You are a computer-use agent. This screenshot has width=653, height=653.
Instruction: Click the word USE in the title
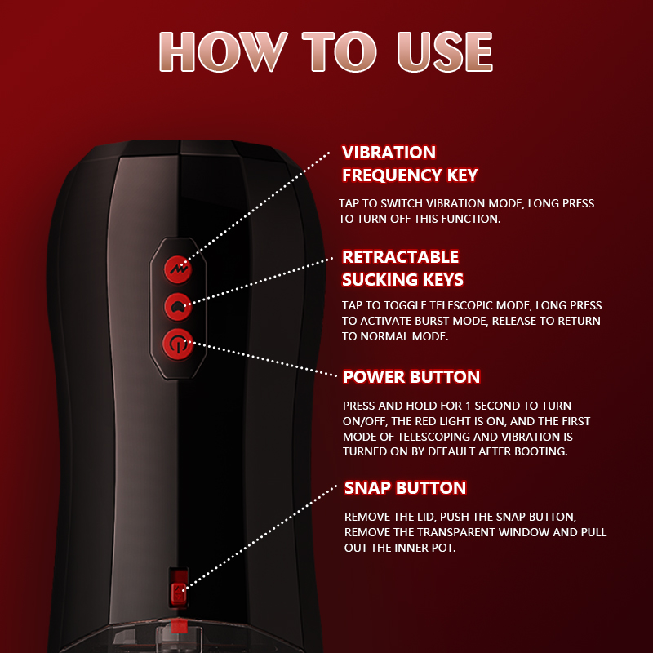pyautogui.click(x=445, y=51)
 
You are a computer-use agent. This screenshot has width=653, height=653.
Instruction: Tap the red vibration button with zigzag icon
pyautogui.click(x=178, y=269)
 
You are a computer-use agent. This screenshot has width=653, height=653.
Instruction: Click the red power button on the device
pyautogui.click(x=178, y=344)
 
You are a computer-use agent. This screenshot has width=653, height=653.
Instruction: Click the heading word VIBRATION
pyautogui.click(x=389, y=153)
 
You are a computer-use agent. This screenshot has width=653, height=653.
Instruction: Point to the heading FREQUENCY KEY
pyautogui.click(x=410, y=175)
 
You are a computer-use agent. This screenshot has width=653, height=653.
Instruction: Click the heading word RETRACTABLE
pyautogui.click(x=400, y=257)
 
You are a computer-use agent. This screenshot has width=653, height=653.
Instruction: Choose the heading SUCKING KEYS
pyautogui.click(x=402, y=280)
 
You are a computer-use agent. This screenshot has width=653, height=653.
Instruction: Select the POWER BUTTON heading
pyautogui.click(x=411, y=377)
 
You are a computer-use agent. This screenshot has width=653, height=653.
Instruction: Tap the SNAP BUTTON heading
pyautogui.click(x=405, y=488)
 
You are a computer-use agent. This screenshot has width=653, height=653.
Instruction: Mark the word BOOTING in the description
pyautogui.click(x=541, y=452)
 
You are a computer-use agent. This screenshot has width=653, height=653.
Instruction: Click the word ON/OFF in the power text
pyautogui.click(x=365, y=421)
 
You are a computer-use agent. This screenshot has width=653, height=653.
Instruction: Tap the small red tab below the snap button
pyautogui.click(x=179, y=624)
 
